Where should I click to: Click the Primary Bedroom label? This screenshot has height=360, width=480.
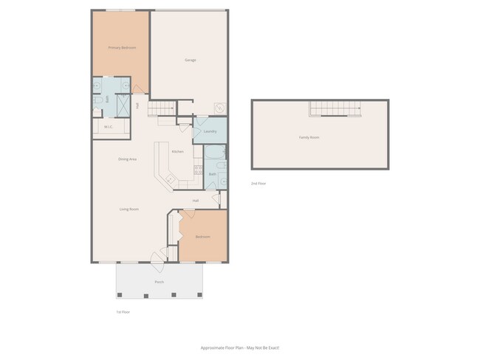pyautogui.click(x=122, y=48)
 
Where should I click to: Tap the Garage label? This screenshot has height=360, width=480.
pyautogui.click(x=190, y=60)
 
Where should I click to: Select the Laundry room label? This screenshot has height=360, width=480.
pyautogui.click(x=210, y=132)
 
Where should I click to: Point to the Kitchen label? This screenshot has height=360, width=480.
pyautogui.click(x=177, y=152)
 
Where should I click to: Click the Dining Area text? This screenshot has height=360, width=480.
pyautogui.click(x=127, y=159)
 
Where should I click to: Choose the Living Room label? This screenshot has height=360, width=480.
pyautogui.click(x=129, y=210)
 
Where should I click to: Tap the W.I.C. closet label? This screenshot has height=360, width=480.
pyautogui.click(x=108, y=127)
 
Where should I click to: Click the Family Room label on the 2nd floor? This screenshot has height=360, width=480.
pyautogui.click(x=309, y=138)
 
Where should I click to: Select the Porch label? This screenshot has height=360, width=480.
pyautogui.click(x=159, y=282)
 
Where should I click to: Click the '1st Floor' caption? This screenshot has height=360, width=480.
pyautogui.click(x=123, y=312)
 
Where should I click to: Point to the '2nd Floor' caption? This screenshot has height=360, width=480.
pyautogui.click(x=258, y=183)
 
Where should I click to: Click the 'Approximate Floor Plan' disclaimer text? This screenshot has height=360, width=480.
pyautogui.click(x=240, y=347)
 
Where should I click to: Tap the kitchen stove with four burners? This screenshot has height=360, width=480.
pyautogui.click(x=196, y=170)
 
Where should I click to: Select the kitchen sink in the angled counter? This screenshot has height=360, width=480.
pyautogui.click(x=170, y=179)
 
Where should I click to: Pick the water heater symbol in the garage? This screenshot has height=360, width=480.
pyautogui.click(x=219, y=108)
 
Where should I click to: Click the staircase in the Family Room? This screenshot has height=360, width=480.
pyautogui.click(x=335, y=109)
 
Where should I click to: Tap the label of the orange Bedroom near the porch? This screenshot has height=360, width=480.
pyautogui.click(x=202, y=237)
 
